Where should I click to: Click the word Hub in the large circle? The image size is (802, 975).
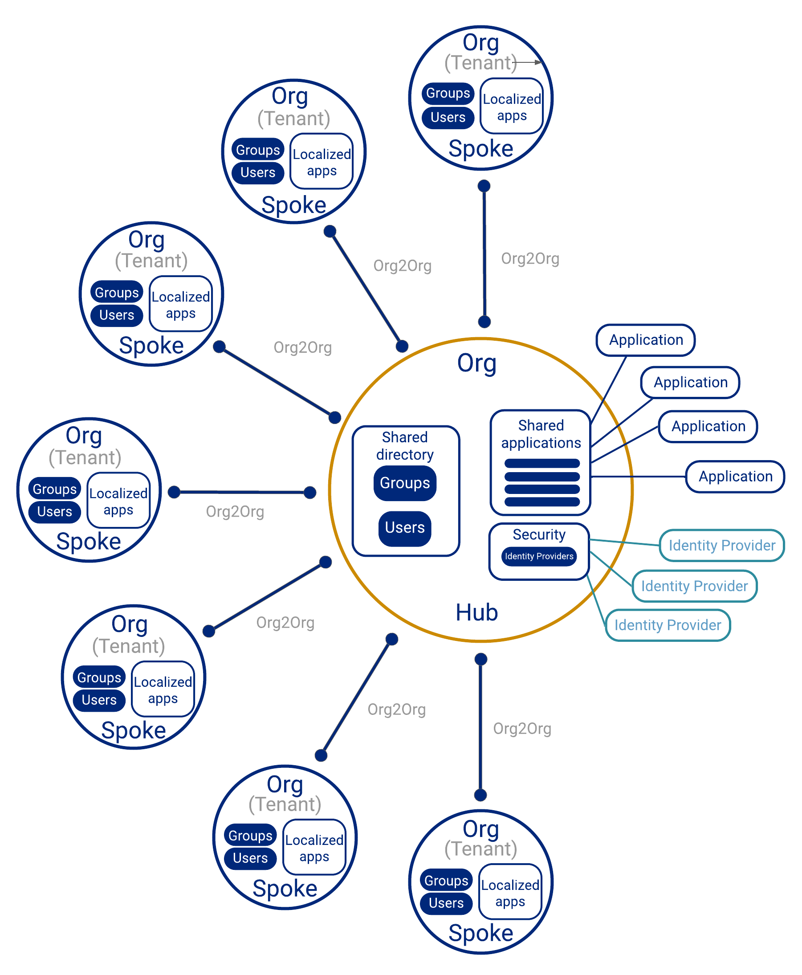pos(476,612)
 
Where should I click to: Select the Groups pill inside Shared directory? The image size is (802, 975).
pos(405,483)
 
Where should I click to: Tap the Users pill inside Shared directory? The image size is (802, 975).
pos(405,528)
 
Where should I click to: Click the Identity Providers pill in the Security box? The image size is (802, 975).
pos(539,556)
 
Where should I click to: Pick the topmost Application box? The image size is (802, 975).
pos(645,340)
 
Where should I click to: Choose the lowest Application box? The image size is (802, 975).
pos(735,477)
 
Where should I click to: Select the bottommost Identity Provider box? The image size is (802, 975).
pos(668,625)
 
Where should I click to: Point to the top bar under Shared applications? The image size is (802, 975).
pos(542,464)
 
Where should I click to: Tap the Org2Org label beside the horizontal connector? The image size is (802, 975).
pos(235,511)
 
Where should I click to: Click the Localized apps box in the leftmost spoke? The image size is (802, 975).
pos(118,501)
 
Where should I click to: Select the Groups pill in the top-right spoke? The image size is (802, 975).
pos(448,94)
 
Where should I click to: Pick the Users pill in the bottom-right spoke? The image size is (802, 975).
pos(446,903)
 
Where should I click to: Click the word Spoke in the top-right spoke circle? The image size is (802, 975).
pos(480,149)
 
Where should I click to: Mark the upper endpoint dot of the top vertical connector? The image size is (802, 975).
pos(484,186)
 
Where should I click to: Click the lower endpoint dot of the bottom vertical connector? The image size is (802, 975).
pos(480,795)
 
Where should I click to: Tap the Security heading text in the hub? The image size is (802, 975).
pos(539,534)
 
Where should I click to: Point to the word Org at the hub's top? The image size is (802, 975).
pos(476,363)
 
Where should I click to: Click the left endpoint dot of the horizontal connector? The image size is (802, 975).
pos(174,492)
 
